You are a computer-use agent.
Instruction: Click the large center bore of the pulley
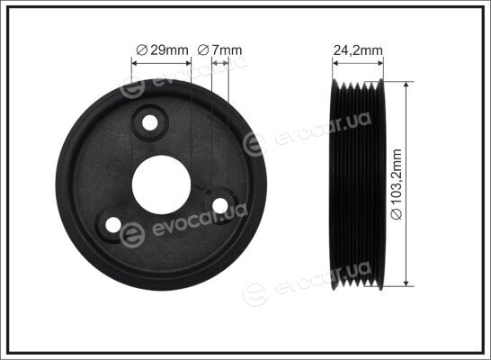(162, 184)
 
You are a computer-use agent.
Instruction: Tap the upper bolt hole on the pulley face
(149, 122)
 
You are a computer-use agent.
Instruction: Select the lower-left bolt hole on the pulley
(113, 225)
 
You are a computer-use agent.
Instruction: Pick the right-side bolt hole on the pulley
(219, 205)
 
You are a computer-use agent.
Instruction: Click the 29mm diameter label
(163, 50)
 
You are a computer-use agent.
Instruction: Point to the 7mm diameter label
(219, 50)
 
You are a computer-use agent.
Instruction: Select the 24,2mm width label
(358, 50)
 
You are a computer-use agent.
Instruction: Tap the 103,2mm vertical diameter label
(397, 184)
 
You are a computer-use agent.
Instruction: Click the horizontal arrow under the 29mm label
(161, 63)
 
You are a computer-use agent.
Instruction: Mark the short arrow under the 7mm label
(220, 63)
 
